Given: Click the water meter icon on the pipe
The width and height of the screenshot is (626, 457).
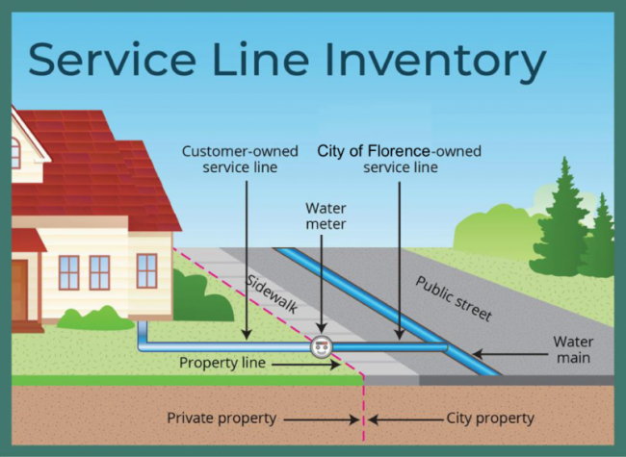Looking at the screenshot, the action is pyautogui.click(x=322, y=347).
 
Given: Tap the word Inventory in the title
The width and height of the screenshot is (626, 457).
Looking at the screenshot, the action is pyautogui.click(x=435, y=60).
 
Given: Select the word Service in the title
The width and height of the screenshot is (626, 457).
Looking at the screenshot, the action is pyautogui.click(x=112, y=59).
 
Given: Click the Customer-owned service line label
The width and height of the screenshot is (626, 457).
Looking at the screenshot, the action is pyautogui.click(x=240, y=159).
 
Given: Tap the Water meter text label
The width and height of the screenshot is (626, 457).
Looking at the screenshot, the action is pyautogui.click(x=326, y=216).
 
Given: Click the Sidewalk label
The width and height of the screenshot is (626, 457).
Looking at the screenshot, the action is pyautogui.click(x=272, y=293).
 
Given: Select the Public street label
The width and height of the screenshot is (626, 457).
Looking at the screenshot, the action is pyautogui.click(x=454, y=298).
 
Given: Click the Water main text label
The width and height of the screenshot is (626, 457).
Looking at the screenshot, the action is pyautogui.click(x=573, y=350).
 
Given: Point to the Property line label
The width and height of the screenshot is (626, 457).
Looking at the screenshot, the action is pyautogui.click(x=222, y=363).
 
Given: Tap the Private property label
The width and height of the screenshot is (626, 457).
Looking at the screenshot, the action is pyautogui.click(x=222, y=419).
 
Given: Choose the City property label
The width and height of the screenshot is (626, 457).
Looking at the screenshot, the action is pyautogui.click(x=490, y=419).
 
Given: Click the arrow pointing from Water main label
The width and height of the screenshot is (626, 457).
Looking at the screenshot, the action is pyautogui.click(x=510, y=354).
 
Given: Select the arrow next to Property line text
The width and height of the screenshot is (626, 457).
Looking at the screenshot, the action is pyautogui.click(x=306, y=364).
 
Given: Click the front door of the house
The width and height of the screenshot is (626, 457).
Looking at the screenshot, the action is pyautogui.click(x=19, y=290).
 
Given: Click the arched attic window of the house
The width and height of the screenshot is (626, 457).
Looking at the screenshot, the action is pyautogui.click(x=15, y=153).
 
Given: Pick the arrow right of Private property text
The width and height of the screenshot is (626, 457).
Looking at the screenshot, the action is pyautogui.click(x=322, y=419).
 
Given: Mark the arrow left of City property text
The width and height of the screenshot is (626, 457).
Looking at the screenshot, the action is pyautogui.click(x=405, y=419).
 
